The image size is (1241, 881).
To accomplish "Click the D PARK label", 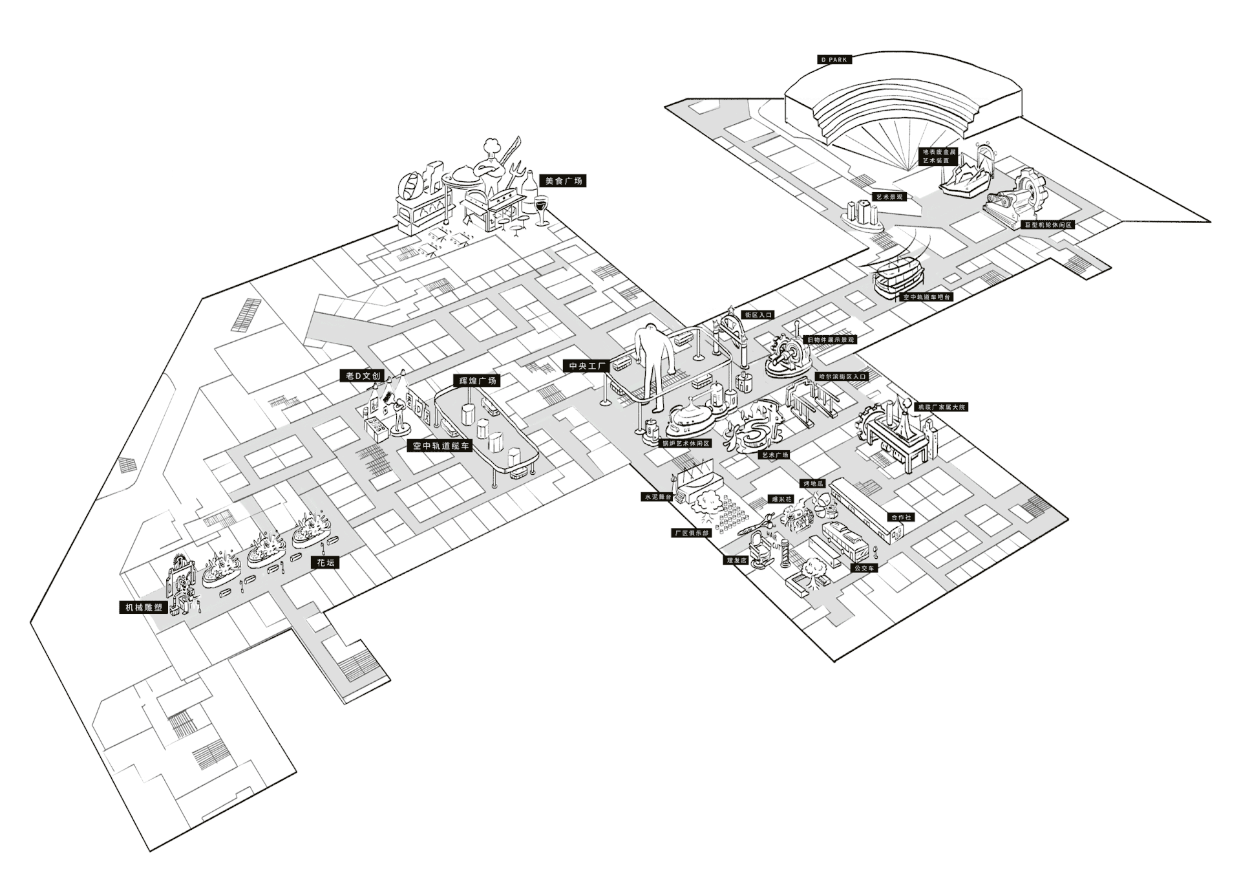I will tap(833, 60).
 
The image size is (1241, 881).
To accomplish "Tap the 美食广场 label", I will tap(564, 181).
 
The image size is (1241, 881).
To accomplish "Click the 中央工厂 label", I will tap(586, 366).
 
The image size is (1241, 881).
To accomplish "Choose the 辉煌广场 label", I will tap(478, 380).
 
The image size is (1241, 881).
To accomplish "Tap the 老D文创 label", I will tap(363, 376).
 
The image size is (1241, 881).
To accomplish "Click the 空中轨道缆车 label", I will tap(442, 446).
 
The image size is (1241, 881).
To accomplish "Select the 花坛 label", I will tap(326, 562).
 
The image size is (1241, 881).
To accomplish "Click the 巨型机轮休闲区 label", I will tap(1048, 225).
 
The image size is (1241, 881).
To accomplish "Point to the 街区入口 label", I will tap(758, 315).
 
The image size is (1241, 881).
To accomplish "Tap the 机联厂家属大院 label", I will tap(941, 408).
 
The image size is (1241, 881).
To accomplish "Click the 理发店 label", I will tap(736, 560).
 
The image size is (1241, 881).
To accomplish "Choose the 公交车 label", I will tap(864, 568).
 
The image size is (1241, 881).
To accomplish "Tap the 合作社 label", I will tap(900, 517).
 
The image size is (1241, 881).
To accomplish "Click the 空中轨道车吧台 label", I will tap(926, 297).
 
